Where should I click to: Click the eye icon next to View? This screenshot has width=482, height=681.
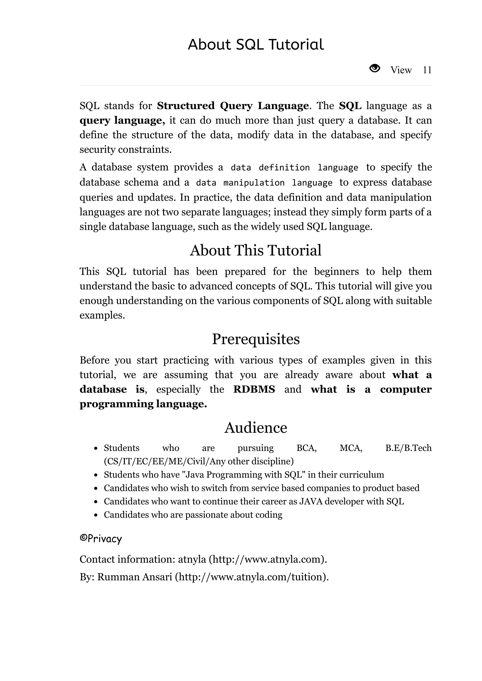click(x=374, y=69)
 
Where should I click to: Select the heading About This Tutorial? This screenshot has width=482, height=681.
click(x=255, y=250)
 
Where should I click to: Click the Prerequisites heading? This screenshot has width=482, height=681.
click(x=256, y=339)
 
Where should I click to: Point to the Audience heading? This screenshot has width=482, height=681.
click(x=256, y=428)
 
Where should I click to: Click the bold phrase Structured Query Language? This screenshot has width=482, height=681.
click(x=233, y=106)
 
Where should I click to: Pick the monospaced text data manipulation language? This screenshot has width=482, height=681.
click(x=264, y=183)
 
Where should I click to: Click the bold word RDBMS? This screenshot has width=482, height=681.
click(x=254, y=389)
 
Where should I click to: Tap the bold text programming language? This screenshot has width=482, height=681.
click(x=143, y=404)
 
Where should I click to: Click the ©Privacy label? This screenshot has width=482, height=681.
click(x=101, y=538)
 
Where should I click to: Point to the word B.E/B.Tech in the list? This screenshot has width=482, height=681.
click(x=408, y=448)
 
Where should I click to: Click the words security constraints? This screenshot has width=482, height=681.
click(x=125, y=149)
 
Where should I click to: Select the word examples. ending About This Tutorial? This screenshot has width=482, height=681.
click(x=102, y=315)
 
